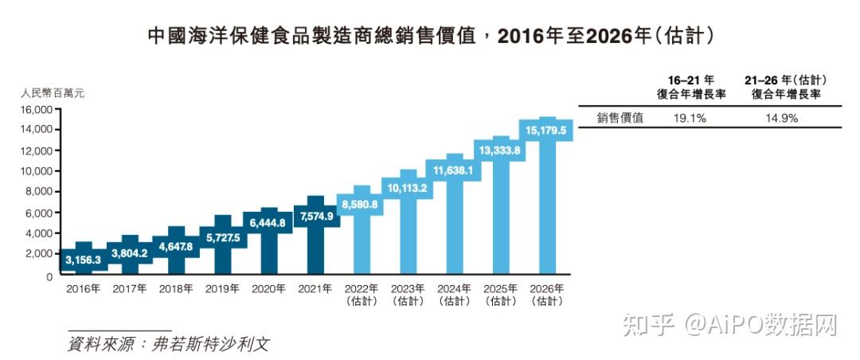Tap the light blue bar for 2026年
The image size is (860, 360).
[x=546, y=199]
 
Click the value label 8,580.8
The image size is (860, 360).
[x=361, y=205]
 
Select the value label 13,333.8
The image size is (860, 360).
[x=499, y=150]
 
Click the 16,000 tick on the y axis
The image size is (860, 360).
[x=36, y=109]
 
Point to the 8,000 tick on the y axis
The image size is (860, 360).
[x=39, y=192]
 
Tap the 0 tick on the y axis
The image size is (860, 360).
[x=49, y=276]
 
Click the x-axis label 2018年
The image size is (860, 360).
[x=176, y=289]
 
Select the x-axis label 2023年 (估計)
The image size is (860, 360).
[x=408, y=295]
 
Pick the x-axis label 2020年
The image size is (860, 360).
[x=269, y=289]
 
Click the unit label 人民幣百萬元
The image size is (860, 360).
[x=53, y=93]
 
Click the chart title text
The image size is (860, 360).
[x=430, y=36]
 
